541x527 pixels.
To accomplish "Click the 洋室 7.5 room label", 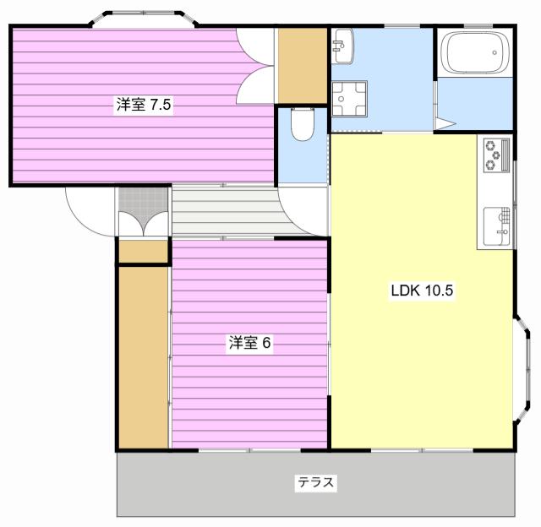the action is (x=144, y=104).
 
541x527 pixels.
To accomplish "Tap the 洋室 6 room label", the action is (x=249, y=343).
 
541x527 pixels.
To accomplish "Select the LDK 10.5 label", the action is (x=422, y=291).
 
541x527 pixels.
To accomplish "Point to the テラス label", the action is (x=315, y=482).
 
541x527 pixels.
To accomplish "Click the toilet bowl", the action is (x=303, y=124).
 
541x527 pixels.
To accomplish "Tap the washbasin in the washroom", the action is (x=342, y=46).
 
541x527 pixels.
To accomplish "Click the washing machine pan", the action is (x=349, y=99).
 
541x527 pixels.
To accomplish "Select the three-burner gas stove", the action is (x=496, y=155).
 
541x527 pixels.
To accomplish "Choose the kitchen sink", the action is (x=496, y=226).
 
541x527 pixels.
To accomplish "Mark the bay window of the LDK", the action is (x=522, y=367).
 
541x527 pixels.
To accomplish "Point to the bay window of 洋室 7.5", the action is (x=143, y=19).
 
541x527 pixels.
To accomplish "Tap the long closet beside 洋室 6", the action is (x=144, y=357).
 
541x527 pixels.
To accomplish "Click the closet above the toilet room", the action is (x=303, y=66).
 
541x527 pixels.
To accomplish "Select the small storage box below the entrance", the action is (x=143, y=252).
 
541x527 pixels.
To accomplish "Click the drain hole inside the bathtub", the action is (x=495, y=52).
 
